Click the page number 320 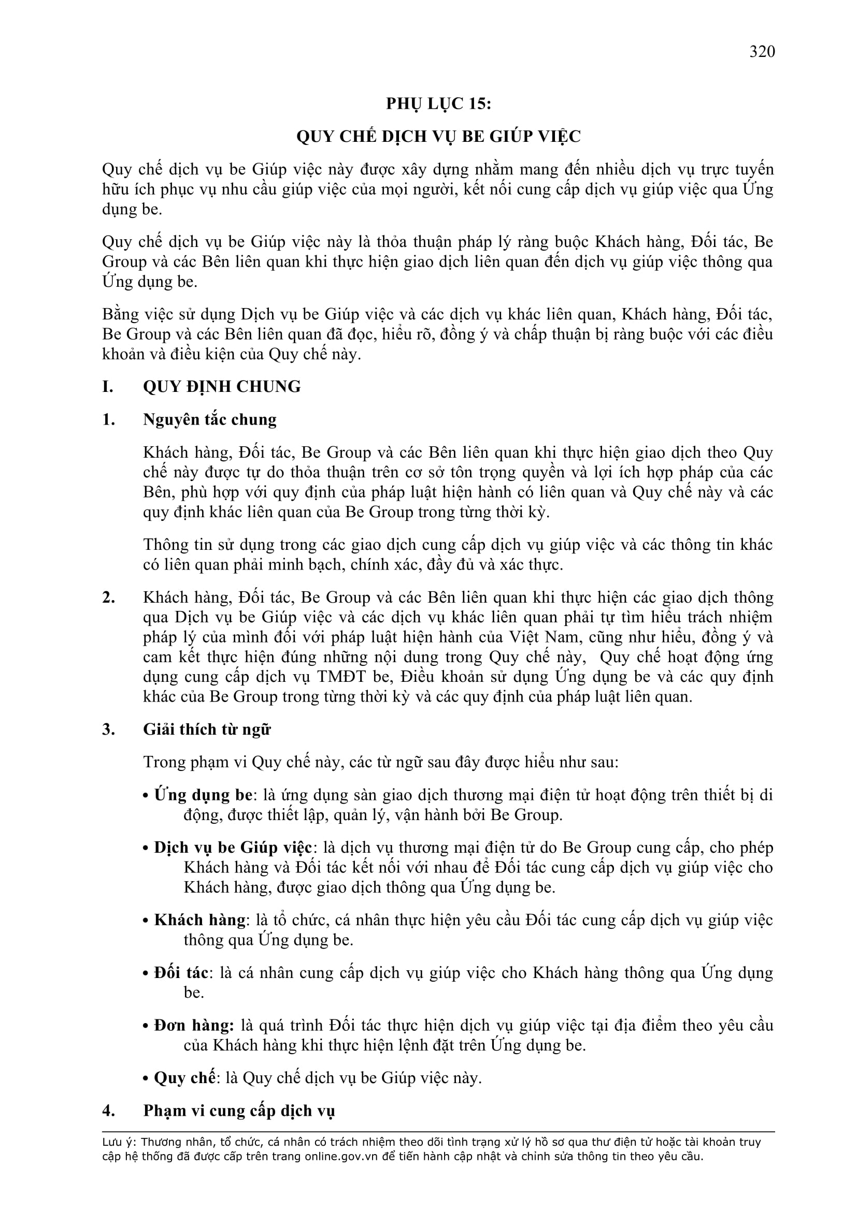coord(762,52)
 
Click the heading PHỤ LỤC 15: coord(438,104)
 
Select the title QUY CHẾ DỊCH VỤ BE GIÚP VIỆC coord(438,137)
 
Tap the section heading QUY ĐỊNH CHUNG coord(222,387)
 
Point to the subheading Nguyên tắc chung coord(209,420)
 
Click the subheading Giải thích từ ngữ coord(206,729)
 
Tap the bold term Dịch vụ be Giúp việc coord(233,848)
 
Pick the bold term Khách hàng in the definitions coord(199,920)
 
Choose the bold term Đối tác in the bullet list coord(181,973)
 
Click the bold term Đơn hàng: coord(194,1025)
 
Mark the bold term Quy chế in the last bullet coord(184,1077)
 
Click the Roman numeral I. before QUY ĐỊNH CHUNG coord(108,387)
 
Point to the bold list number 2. coord(109,597)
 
